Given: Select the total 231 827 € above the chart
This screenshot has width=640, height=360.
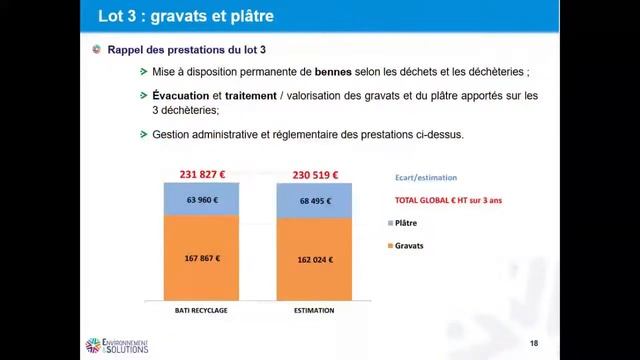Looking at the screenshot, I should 203,175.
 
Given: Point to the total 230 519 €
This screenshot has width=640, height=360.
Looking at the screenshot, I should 314,175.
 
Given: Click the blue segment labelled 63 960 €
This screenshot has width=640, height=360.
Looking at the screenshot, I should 203,200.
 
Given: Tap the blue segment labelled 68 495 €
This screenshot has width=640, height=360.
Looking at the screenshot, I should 314,201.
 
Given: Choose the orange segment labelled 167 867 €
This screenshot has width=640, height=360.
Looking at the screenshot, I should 203,258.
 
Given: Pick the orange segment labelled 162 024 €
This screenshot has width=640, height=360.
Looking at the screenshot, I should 314,259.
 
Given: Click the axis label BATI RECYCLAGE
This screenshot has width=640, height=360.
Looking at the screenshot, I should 203,310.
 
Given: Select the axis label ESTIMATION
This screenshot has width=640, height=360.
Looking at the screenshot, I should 314,310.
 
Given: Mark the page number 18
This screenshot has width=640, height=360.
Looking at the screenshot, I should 533,344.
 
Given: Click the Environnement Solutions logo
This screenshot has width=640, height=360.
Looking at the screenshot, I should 117,345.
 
